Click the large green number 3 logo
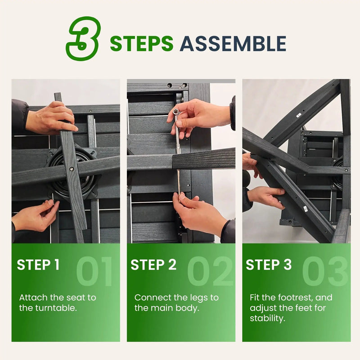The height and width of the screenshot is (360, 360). pos(84,38)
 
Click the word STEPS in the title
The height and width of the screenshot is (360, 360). pos(141,44)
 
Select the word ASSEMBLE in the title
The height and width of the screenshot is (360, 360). pos(233,44)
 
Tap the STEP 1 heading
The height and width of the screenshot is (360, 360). pos(38,265)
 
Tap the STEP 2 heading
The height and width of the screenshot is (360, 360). pos(153,265)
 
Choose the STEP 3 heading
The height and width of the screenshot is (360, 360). pos(269,265)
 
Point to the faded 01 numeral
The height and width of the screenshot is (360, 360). pos(94,271)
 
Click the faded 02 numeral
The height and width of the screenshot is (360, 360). pos(210,271)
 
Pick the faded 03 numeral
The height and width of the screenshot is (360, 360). pos(325,271)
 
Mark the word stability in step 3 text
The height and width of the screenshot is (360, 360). pos(268,319)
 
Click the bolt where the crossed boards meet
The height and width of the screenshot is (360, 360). pos(72,169)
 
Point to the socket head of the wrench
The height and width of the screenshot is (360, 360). pos(176,112)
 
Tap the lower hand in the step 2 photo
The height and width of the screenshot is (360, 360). pos(197,211)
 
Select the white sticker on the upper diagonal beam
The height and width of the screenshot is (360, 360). pos(298,115)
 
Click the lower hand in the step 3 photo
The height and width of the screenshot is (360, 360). pos(266,197)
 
